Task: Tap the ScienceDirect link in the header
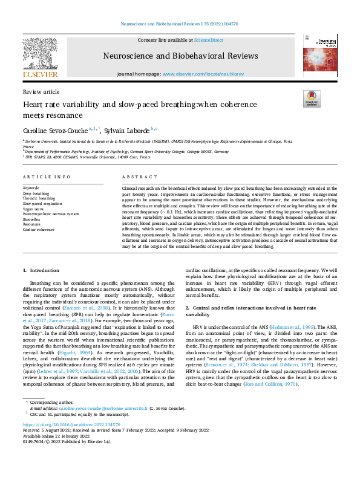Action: (x=208, y=39)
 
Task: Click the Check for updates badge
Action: (x=311, y=99)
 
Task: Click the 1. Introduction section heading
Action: (x=42, y=269)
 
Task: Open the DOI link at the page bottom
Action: (x=67, y=424)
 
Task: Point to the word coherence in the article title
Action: (x=224, y=104)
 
